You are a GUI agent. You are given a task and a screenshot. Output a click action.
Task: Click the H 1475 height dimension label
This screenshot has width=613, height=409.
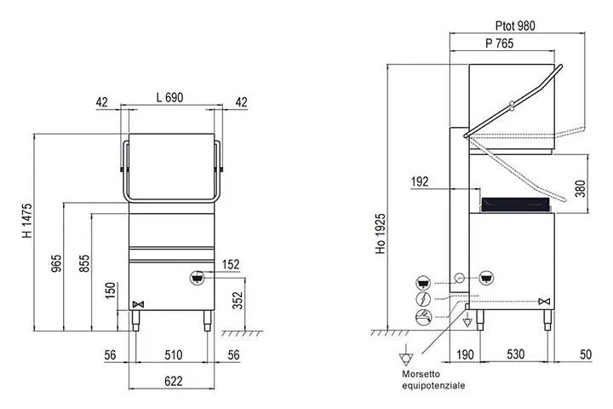click(27, 221)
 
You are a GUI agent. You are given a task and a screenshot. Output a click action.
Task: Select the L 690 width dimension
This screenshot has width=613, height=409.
click(169, 97)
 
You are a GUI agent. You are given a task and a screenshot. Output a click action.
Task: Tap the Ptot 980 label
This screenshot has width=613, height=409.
click(515, 26)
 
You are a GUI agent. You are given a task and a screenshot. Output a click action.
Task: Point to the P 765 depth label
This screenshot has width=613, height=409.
click(499, 43)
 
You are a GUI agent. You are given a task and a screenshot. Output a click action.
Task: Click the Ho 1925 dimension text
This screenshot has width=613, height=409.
click(381, 233)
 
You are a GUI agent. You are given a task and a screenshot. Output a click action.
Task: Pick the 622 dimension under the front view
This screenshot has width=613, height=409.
click(173, 381)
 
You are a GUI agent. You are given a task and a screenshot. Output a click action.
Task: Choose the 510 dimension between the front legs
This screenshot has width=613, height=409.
click(173, 355)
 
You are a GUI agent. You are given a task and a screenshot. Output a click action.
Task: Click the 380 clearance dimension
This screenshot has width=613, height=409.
click(581, 188)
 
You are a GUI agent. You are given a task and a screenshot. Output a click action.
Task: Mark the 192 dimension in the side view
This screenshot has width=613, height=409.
click(420, 181)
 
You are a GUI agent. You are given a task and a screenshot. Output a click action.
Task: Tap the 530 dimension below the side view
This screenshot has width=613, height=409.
click(515, 354)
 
